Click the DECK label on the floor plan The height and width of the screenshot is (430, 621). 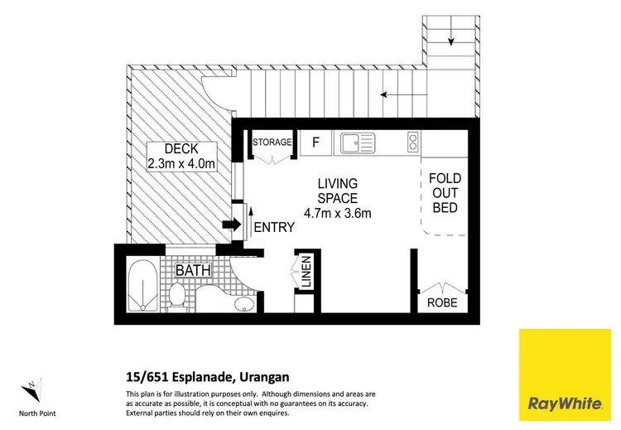(181, 149)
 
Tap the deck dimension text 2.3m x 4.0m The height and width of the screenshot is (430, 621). (181, 163)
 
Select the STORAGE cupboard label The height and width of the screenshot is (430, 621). (272, 143)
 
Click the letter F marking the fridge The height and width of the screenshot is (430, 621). (315, 143)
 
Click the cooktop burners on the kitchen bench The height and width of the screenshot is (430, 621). (411, 143)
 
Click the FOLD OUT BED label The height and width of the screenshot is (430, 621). (445, 192)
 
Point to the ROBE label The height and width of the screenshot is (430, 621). (442, 303)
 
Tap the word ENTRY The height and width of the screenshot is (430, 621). (274, 227)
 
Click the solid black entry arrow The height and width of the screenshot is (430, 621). (233, 224)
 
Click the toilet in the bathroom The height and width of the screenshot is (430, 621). (176, 294)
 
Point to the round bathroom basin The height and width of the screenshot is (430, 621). (242, 307)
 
